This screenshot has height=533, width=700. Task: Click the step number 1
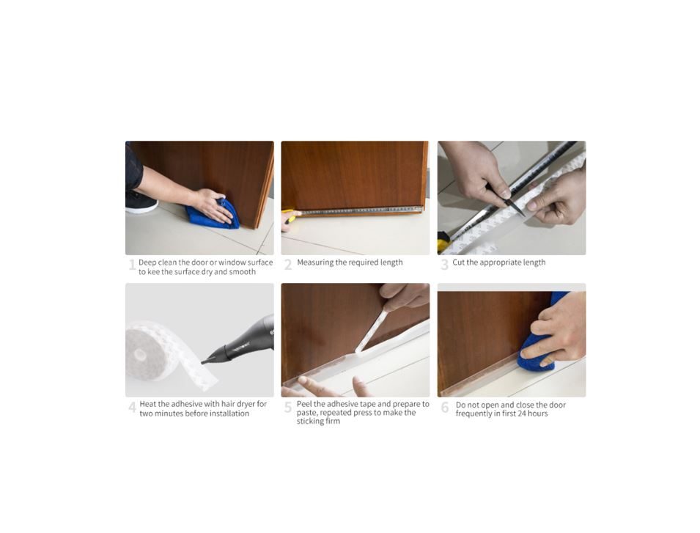pyautogui.click(x=132, y=265)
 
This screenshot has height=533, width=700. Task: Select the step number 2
pyautogui.click(x=288, y=265)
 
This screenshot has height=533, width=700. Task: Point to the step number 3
pyautogui.click(x=444, y=265)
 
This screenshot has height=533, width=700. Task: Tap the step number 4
pyautogui.click(x=132, y=407)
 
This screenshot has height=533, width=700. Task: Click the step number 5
pyautogui.click(x=288, y=407)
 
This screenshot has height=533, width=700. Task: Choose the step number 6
pyautogui.click(x=445, y=407)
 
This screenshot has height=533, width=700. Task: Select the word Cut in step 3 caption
pyautogui.click(x=459, y=262)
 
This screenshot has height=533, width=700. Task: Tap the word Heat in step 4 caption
pyautogui.click(x=148, y=404)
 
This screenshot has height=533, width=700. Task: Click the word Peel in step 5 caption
pyautogui.click(x=304, y=404)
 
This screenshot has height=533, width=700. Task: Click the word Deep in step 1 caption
pyautogui.click(x=147, y=262)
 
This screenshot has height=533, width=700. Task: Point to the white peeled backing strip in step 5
pyautogui.click(x=372, y=330)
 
